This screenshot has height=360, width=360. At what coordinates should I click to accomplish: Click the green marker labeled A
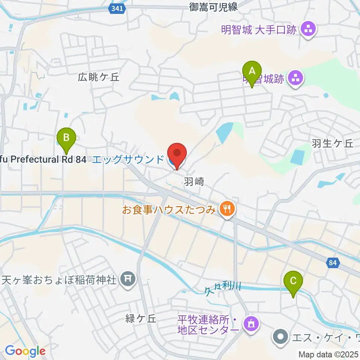pos(252,71)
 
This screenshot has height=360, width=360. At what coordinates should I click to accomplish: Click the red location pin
pos(177,154)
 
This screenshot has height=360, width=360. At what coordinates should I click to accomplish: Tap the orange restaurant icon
pos(226,209)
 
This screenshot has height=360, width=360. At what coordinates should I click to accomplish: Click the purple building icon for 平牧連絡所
pos(251,323)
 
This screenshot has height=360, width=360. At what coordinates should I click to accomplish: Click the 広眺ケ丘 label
pos(98,77)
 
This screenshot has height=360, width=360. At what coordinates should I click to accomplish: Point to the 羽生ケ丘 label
pos(332,143)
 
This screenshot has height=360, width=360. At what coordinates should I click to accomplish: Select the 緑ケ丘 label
pos(141,319)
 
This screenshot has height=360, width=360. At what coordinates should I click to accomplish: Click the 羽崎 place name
pos(194,182)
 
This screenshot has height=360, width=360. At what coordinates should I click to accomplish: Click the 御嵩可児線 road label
pos(214,6)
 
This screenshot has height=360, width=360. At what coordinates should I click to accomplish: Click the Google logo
pos(25,351)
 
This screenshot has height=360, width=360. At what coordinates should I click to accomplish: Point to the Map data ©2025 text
pos(328,354)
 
